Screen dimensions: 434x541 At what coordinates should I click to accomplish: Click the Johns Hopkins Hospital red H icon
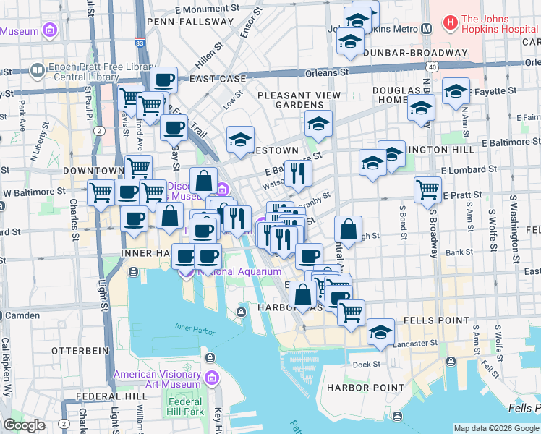(451, 23)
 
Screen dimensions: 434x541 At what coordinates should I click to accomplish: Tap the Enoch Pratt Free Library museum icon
(38, 72)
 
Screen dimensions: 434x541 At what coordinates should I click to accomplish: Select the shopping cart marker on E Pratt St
(427, 190)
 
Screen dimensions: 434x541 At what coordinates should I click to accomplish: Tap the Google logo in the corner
(24, 425)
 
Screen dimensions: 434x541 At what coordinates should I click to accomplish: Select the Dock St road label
(367, 365)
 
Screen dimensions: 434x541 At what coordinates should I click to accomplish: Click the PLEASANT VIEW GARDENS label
(298, 100)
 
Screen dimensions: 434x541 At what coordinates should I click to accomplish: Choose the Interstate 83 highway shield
(139, 43)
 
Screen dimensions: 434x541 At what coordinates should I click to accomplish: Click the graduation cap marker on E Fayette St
(456, 92)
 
